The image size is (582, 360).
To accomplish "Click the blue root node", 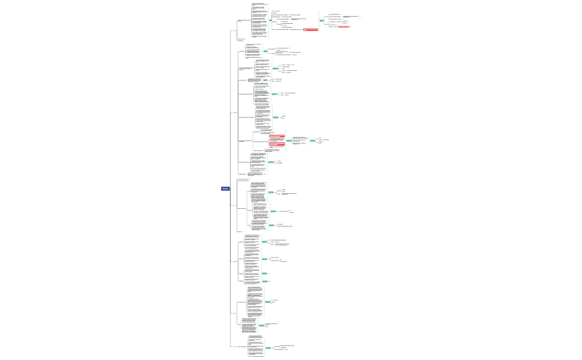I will tap(225, 189).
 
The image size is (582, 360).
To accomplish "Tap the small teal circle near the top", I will tap(270, 20).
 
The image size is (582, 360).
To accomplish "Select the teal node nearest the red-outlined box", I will tap(322, 20).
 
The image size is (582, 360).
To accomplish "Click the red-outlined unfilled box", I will tap(344, 27).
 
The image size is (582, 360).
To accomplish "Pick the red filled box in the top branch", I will tap(310, 30).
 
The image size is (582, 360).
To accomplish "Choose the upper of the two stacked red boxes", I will tap(277, 136).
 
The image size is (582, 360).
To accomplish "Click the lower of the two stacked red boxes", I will tap(277, 145).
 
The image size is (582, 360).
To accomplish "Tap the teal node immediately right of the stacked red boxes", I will tap(289, 141).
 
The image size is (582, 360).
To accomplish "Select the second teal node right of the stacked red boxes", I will tap(313, 141).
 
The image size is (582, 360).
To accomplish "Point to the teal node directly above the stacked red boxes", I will tap(275, 117).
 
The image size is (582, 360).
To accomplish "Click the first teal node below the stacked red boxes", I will tap(271, 162).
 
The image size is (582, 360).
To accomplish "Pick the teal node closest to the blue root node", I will tap(271, 192).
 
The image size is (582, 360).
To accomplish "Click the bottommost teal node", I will tap(268, 348).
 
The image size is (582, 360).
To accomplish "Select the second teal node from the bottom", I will tap(262, 325).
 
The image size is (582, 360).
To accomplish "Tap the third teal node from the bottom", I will tap(268, 302).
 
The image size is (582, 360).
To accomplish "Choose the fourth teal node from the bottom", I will tap(265, 281).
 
